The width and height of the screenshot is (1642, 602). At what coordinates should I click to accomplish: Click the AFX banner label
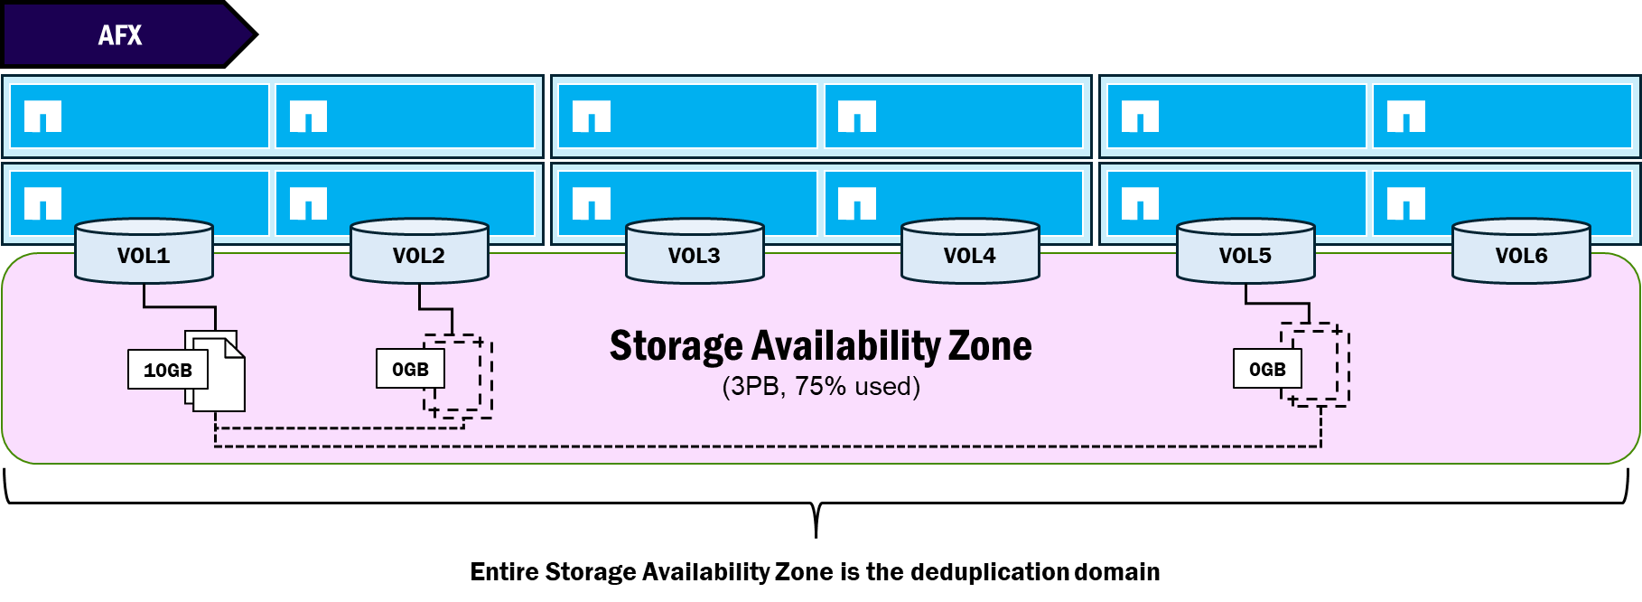click(x=120, y=35)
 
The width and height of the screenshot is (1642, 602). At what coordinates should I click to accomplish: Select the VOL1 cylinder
click(x=144, y=251)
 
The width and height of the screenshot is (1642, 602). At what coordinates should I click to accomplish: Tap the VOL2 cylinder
click(x=419, y=251)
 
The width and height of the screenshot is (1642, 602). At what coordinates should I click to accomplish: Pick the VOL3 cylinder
click(x=695, y=251)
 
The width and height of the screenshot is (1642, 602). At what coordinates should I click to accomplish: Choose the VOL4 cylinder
click(x=970, y=251)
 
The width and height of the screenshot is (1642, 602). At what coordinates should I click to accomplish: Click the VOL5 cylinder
click(x=1245, y=251)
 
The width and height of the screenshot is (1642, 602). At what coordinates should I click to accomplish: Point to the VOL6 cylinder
click(x=1521, y=251)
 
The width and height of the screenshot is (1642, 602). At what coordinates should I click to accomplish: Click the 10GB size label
click(x=168, y=370)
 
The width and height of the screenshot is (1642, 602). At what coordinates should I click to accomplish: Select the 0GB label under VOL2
click(x=410, y=370)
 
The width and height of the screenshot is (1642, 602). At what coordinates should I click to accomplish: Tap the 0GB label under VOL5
click(x=1267, y=369)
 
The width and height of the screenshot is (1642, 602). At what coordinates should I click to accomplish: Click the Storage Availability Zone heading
click(x=821, y=346)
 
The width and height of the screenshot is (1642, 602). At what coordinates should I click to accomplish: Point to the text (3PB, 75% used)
click(x=821, y=387)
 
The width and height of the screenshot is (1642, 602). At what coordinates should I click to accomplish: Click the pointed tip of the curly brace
click(x=816, y=538)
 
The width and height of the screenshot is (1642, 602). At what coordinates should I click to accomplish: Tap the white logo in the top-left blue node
click(x=42, y=117)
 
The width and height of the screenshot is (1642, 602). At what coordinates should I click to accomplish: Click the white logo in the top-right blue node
click(x=1406, y=117)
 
